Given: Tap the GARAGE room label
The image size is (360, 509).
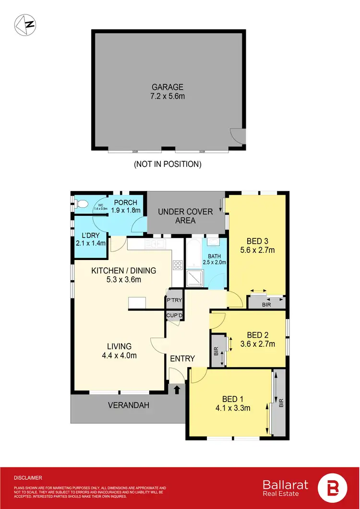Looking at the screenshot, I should [168, 87].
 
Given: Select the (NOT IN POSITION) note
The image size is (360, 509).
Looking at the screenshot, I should [168, 164].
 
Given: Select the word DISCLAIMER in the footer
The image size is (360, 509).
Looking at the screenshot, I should [28, 478].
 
